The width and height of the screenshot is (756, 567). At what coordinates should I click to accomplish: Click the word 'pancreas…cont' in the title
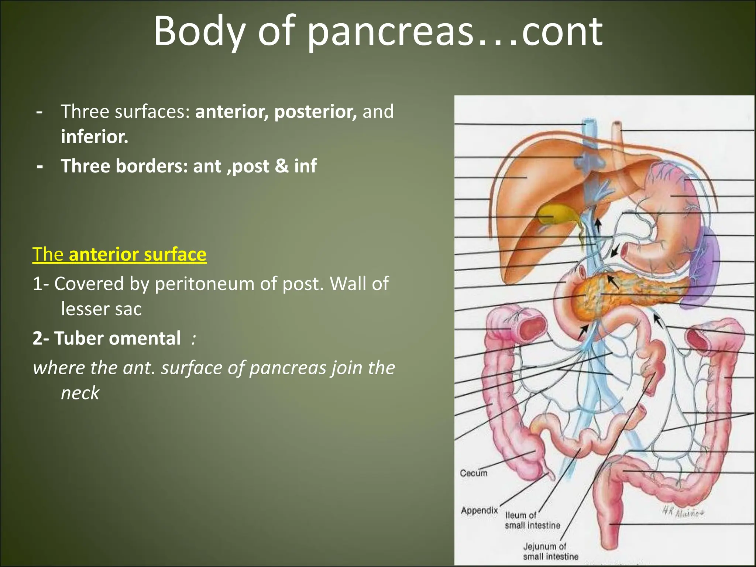pyautogui.click(x=455, y=32)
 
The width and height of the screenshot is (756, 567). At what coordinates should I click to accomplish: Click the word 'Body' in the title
pyautogui.click(x=199, y=32)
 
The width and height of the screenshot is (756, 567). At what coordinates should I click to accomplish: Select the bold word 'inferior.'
pyautogui.click(x=94, y=137)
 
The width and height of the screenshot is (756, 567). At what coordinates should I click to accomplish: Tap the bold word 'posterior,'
pyautogui.click(x=316, y=111)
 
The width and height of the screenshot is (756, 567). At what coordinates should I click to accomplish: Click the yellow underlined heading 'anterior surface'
pyautogui.click(x=137, y=254)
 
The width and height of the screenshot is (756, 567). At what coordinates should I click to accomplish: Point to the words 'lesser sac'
pyautogui.click(x=101, y=309)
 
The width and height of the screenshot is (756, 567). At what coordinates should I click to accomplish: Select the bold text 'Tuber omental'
pyautogui.click(x=117, y=338)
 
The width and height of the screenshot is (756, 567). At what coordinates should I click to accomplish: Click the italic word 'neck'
pyautogui.click(x=80, y=392)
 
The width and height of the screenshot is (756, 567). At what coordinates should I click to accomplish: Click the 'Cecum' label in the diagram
pyautogui.click(x=473, y=473)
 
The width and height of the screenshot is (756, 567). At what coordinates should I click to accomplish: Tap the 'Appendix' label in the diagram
pyautogui.click(x=479, y=511)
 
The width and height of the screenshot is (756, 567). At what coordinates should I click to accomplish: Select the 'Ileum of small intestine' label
pyautogui.click(x=532, y=520)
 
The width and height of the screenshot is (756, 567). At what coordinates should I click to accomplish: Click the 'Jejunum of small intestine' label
pyautogui.click(x=550, y=551)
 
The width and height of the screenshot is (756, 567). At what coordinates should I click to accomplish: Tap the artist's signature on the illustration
pyautogui.click(x=683, y=512)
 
